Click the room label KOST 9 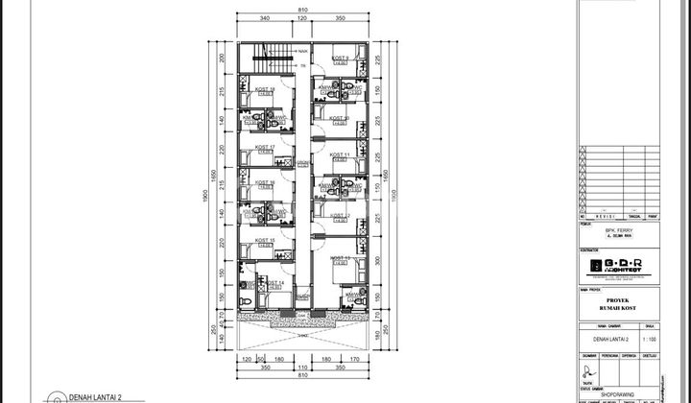[x=340, y=59]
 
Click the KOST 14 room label [x=274, y=283]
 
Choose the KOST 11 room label [x=340, y=154]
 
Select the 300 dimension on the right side [x=379, y=260]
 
